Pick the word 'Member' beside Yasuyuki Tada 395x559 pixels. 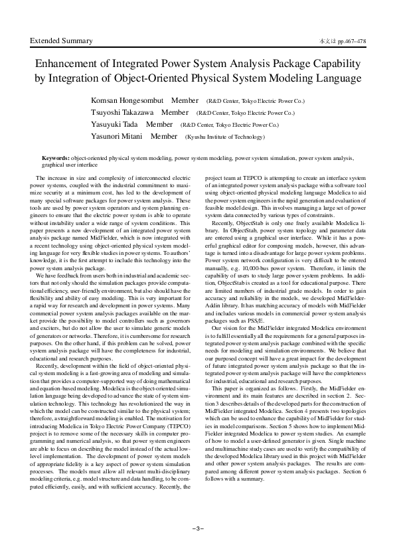[159, 124]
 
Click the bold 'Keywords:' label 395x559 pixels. [55, 159]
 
